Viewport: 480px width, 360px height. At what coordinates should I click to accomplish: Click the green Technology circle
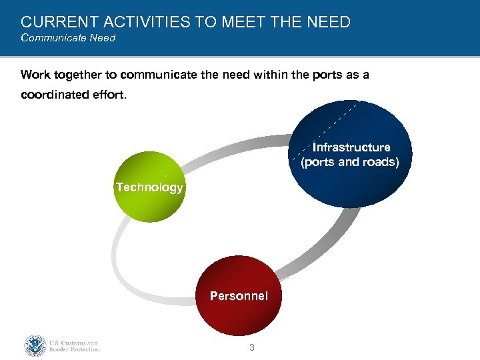(149, 187)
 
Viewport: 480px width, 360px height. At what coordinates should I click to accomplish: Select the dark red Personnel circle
(239, 295)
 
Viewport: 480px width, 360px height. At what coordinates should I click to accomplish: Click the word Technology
(149, 187)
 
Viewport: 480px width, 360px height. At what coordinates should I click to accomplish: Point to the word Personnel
(239, 295)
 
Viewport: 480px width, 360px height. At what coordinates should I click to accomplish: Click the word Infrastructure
(351, 147)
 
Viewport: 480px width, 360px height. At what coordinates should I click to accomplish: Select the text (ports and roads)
(350, 162)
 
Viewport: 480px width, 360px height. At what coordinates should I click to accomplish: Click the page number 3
(251, 347)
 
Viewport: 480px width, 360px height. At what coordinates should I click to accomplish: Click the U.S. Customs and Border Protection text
(74, 346)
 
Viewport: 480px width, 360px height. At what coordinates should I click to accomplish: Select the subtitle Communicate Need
(68, 38)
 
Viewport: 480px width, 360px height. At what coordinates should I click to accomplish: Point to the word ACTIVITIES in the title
(141, 22)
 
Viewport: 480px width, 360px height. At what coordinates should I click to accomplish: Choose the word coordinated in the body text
(63, 95)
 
